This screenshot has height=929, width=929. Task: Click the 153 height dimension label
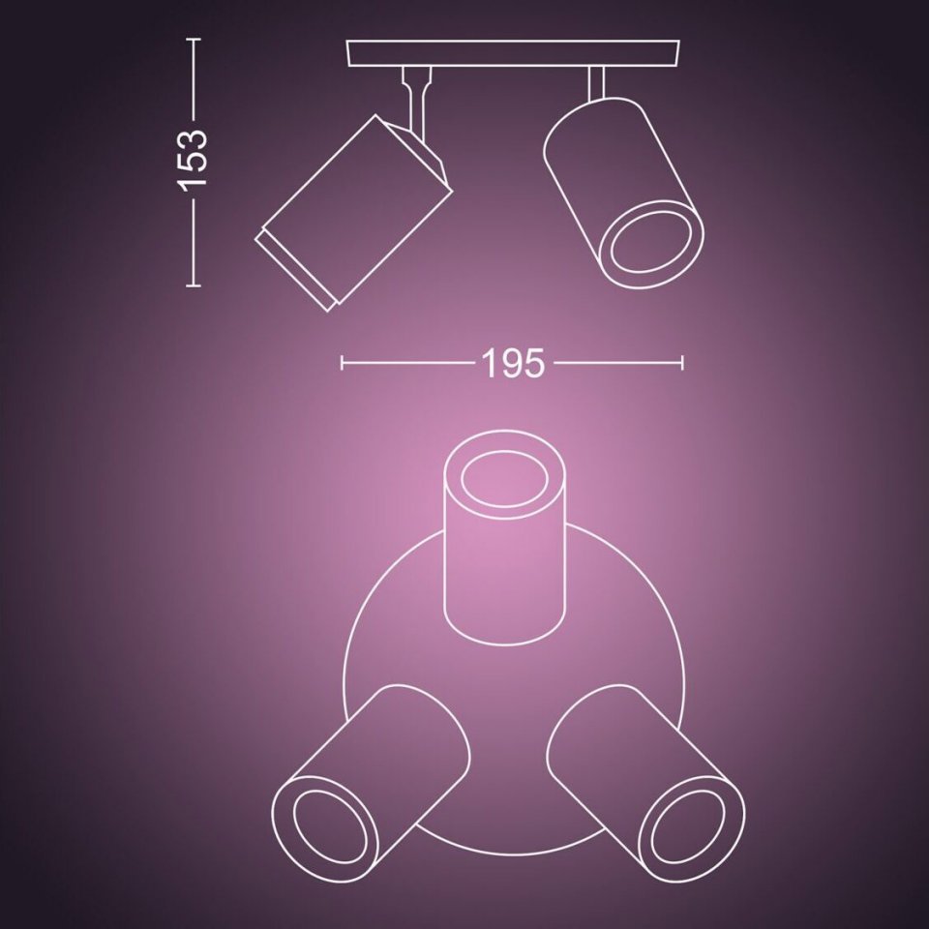click(194, 158)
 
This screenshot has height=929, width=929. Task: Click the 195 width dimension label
click(513, 363)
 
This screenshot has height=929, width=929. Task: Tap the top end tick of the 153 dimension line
click(194, 39)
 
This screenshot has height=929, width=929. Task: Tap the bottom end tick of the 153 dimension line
click(194, 285)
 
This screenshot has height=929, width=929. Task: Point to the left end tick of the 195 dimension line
click(342, 363)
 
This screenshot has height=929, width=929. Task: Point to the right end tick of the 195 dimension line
click(682, 363)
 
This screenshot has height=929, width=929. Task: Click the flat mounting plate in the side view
click(513, 53)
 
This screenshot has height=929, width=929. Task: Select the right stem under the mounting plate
click(596, 83)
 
